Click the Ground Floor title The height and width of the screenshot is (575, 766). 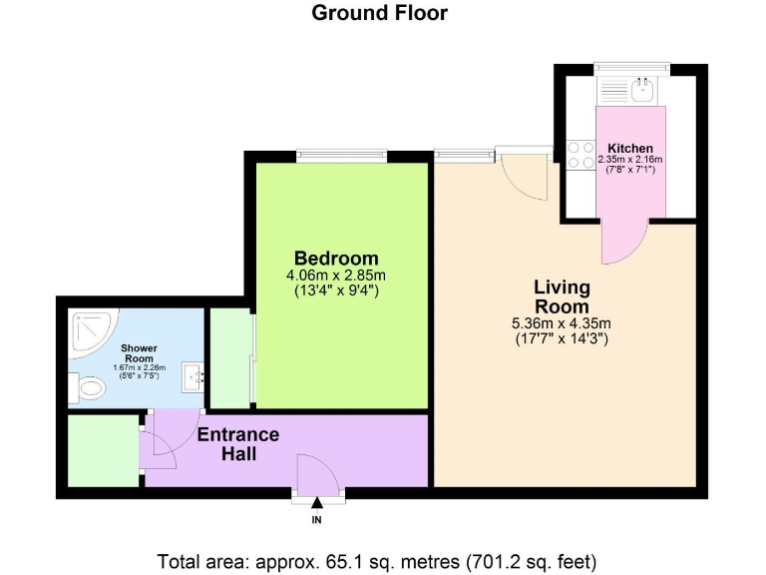tap(379, 13)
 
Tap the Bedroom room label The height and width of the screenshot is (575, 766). tap(335, 257)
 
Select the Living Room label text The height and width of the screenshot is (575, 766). tap(562, 296)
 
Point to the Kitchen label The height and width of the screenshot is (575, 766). tap(629, 148)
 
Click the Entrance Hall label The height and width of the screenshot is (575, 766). tap(238, 444)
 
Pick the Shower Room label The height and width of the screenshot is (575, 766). tap(138, 353)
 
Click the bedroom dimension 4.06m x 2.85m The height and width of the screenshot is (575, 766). tap(335, 276)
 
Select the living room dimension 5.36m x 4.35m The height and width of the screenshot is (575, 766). tap(562, 322)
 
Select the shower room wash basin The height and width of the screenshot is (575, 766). tap(193, 377)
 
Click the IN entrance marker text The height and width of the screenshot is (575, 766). tap(317, 520)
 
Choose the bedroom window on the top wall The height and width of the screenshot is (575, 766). tap(341, 154)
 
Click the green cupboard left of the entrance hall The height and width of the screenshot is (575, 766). tap(102, 450)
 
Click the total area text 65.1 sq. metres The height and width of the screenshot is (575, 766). tap(378, 560)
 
